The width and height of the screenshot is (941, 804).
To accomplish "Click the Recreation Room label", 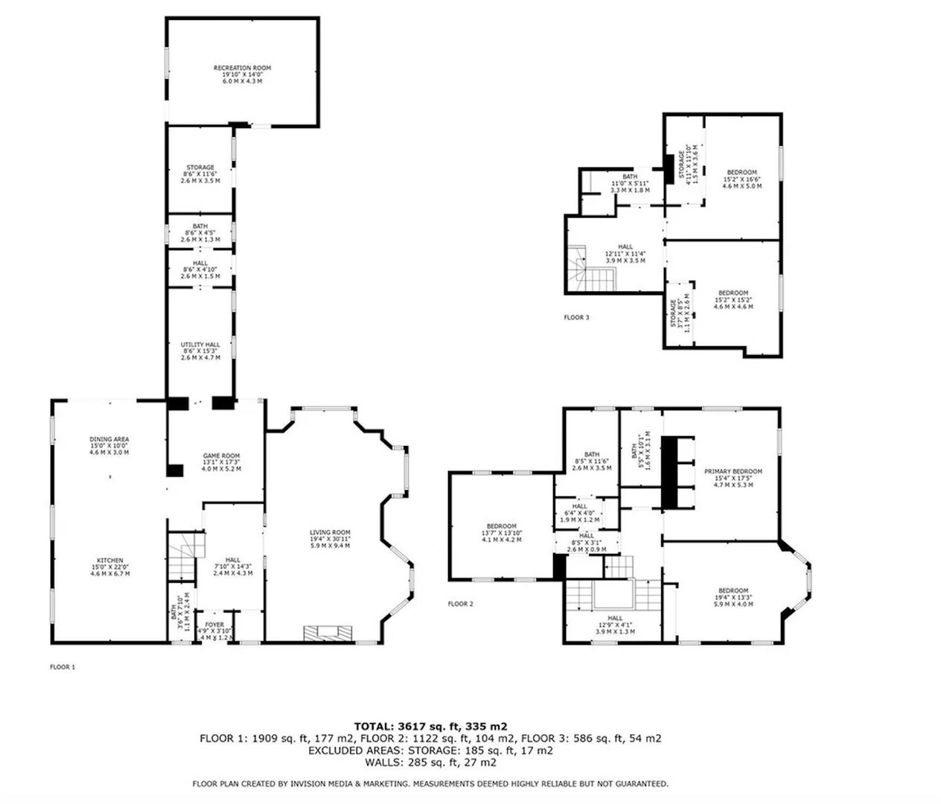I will click(x=242, y=68).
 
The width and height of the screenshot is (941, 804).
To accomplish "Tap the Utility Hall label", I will click(x=200, y=345).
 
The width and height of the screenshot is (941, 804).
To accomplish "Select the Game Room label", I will click(x=221, y=456).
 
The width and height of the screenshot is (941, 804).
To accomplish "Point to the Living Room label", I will click(x=330, y=532).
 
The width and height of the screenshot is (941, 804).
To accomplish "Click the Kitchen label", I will click(x=109, y=561).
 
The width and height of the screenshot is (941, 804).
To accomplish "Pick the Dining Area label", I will click(x=109, y=439).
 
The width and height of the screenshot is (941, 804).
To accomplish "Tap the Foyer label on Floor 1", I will click(x=214, y=625).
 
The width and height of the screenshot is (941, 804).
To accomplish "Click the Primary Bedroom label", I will click(x=733, y=471).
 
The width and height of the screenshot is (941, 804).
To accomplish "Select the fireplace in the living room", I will click(x=328, y=634).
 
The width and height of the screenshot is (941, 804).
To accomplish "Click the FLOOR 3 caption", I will click(x=576, y=318).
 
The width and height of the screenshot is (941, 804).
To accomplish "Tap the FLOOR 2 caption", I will click(x=460, y=604).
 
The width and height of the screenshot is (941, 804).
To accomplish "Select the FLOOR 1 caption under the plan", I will click(x=63, y=667).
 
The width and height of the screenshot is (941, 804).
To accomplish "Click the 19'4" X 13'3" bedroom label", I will click(x=733, y=591).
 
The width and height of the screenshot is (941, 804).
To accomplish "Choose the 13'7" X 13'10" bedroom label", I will click(x=501, y=526).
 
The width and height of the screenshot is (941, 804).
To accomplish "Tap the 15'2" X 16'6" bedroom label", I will click(x=741, y=173).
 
